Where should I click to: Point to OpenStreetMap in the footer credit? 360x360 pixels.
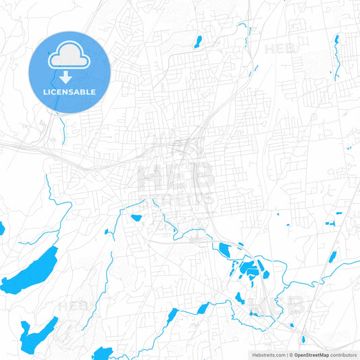click(311, 355)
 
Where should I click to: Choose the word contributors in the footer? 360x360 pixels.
click(344, 355)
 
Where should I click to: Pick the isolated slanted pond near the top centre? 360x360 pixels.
click(197, 41)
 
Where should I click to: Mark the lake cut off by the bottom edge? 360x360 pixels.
click(103, 353)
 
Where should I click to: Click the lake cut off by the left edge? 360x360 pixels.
click(1, 228)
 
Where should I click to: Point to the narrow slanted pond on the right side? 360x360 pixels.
click(332, 257)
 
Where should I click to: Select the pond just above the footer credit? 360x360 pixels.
click(302, 340)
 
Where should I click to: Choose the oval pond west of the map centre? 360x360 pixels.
click(136, 218)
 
